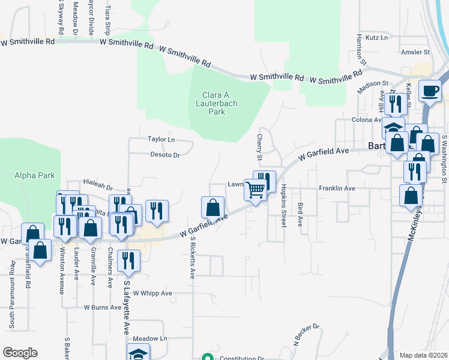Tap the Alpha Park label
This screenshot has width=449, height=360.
click(35, 175)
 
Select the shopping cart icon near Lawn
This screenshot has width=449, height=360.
click(256, 190)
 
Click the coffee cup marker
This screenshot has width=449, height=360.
click(430, 91)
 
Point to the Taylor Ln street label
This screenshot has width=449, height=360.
click(161, 139)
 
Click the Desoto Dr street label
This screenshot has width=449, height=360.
click(165, 155)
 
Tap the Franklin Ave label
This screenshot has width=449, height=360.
click(337, 188)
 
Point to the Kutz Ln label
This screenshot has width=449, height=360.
click(376, 37)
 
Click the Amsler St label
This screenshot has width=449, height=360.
click(415, 52)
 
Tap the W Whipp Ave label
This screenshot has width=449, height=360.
click(152, 293)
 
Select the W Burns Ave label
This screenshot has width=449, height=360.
click(103, 307)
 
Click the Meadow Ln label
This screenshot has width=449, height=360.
click(149, 338)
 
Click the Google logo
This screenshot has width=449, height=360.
click(20, 353)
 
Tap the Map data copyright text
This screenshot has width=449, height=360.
click(423, 355)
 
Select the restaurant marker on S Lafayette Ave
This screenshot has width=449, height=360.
click(128, 260)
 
